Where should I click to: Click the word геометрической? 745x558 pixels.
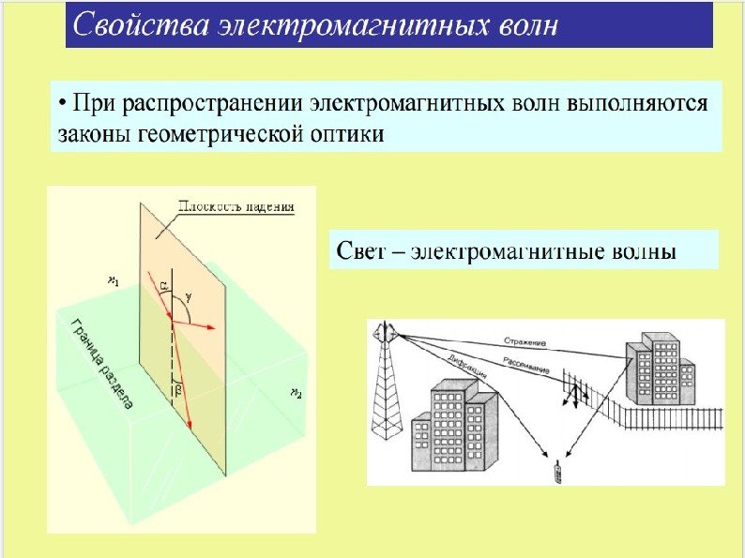click(x=218, y=134)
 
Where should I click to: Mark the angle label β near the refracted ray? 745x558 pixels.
click(x=176, y=391)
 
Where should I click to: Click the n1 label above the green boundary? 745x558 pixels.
click(x=114, y=279)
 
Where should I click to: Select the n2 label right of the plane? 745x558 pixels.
click(x=296, y=391)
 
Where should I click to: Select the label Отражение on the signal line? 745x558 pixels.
click(x=525, y=341)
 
